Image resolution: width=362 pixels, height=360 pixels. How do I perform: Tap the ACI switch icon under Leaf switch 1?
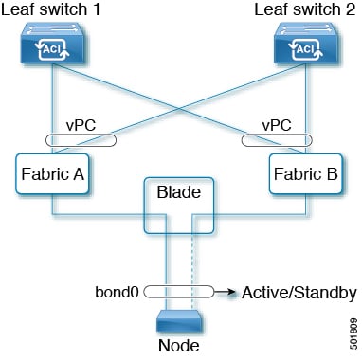pos(57,48)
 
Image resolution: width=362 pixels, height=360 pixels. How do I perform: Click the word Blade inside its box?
pos(172,188)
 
